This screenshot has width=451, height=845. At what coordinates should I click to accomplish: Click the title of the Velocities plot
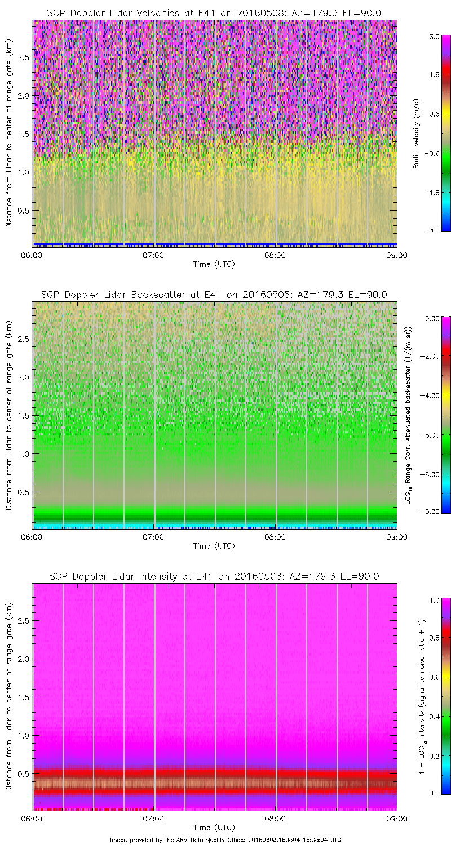pos(214,13)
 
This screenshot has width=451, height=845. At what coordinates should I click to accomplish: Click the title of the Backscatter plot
pos(214,295)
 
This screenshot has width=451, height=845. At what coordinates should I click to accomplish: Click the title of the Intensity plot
pos(214,576)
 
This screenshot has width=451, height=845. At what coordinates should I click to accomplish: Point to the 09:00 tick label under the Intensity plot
pos(397,819)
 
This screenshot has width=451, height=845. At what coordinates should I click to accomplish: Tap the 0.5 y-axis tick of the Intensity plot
pos(23,773)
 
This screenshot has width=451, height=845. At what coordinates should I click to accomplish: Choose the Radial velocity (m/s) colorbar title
pos(417,134)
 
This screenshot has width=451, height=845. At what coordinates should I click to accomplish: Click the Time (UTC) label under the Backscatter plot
pos(214,546)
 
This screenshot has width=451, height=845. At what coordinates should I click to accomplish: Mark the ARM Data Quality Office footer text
pos(225,839)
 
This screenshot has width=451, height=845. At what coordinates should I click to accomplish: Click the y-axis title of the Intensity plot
pos(9,697)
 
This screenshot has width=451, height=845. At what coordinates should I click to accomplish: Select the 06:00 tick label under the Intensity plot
pos(32,819)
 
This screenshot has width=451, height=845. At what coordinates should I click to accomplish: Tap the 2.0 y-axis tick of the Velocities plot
pos(23,95)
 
